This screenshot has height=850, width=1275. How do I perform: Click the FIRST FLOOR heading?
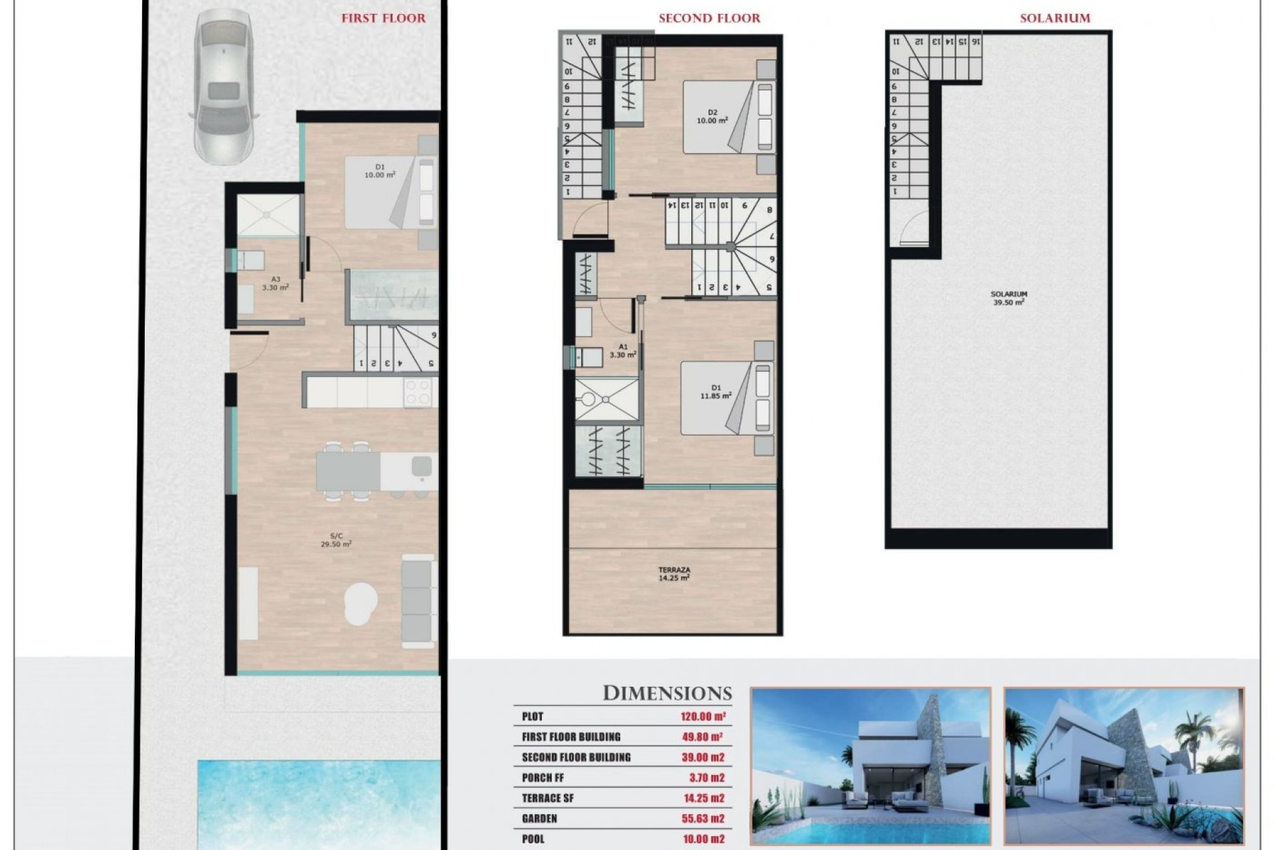383,19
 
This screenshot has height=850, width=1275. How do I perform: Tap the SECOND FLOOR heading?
709,19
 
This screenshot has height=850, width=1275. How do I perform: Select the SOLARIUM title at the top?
1055,19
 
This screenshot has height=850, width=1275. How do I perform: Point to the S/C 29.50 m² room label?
336,540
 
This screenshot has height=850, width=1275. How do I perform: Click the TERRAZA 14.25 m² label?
674,574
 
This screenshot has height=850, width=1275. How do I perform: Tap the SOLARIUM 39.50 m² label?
1008,298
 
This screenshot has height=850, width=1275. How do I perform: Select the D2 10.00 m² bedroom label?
712,117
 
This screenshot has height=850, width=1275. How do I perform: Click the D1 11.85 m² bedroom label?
715,392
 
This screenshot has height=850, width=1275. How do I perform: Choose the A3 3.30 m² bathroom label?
275,284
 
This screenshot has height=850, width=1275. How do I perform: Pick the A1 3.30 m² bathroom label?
622,351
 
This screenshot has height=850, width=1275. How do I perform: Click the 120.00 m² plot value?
703,717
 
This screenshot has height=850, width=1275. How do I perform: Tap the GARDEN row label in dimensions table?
539,819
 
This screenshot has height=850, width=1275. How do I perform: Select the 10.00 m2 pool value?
703,839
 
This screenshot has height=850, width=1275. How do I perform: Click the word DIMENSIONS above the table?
667,693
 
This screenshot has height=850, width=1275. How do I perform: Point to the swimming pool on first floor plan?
319,800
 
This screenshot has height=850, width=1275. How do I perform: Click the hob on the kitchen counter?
418,392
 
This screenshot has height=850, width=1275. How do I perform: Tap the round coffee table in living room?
361,602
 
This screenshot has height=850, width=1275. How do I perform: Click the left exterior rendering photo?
870,766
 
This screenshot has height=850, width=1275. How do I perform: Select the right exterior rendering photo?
1124,766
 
